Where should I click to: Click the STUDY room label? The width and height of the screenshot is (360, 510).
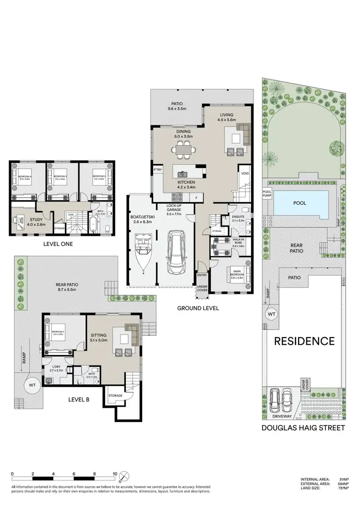click(27, 221)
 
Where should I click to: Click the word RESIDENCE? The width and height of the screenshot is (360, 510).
click(304, 341)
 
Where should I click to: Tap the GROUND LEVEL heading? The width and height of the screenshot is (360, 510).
click(197, 308)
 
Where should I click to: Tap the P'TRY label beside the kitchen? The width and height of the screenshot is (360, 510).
click(157, 170)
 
